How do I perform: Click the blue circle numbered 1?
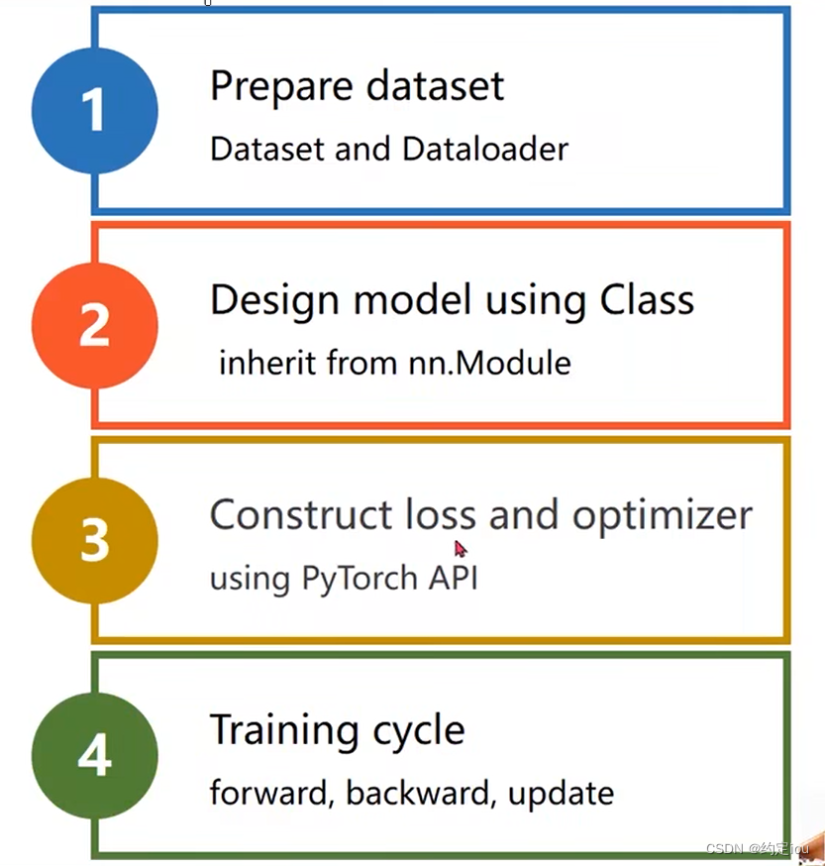[x=94, y=109]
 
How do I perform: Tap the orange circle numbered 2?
[x=94, y=325]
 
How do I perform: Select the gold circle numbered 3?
[x=94, y=541]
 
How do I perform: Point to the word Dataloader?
[x=485, y=149]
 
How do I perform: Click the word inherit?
[x=259, y=363]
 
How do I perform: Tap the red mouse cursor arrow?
[x=460, y=548]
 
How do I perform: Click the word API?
[x=453, y=577]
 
